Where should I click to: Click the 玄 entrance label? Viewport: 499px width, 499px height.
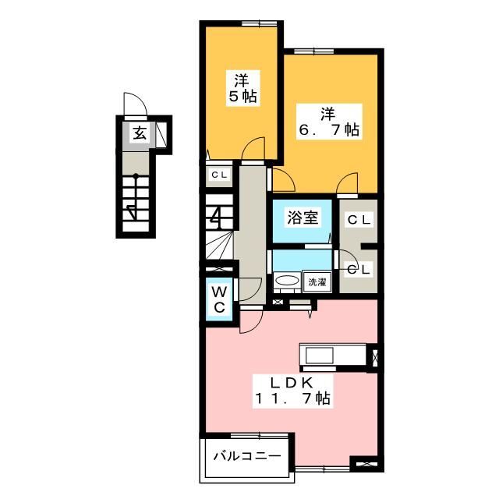140,133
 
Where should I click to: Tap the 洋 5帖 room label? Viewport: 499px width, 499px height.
242,88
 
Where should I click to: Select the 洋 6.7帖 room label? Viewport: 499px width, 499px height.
329,122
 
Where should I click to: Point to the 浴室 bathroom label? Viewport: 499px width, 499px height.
303,218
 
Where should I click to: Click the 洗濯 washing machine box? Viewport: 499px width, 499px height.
317,281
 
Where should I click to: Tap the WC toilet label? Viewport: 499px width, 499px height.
219,299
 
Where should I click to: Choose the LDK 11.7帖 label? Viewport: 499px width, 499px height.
293,391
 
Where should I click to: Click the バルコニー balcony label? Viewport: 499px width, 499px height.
247,456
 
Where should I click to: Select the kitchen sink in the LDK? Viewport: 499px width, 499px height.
319,356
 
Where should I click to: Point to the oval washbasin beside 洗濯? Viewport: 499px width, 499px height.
287,281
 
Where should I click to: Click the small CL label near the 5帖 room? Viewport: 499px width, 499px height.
219,175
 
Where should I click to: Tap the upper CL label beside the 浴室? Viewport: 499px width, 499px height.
359,220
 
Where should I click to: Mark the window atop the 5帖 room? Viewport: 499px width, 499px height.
259,23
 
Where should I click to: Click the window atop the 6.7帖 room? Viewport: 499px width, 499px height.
313,51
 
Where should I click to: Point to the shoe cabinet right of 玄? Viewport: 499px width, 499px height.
161,134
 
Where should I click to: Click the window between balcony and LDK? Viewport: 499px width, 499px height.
260,435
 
